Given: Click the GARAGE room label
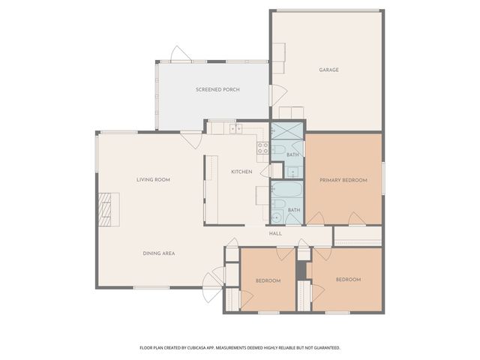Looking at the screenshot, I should coord(328,70).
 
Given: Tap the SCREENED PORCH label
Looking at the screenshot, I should coord(217,90).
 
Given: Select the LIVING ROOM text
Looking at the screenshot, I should coord(153,180).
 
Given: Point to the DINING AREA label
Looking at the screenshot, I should coord(158,253).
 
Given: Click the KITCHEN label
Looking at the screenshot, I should coord(241,172).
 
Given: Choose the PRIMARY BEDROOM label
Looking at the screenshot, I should coord(343,180).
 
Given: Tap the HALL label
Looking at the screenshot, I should coord(275,233).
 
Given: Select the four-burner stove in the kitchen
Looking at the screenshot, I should coord(262,148).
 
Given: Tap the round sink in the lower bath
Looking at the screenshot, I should coord(275,218).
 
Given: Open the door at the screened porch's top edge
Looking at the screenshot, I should coord(180,55).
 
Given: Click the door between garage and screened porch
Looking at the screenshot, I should coord(277,94).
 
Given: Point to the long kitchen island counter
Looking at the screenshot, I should coord(211,189).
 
